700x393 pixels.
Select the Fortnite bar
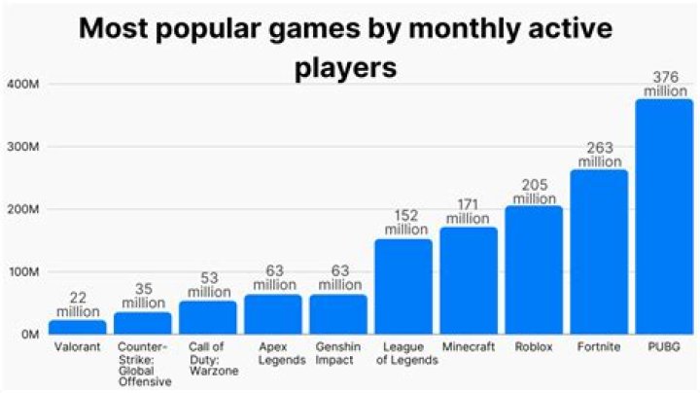click(599, 252)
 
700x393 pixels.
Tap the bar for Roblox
click(534, 269)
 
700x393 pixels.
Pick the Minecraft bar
click(469, 280)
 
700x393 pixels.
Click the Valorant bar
click(78, 327)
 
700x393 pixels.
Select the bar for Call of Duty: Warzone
click(208, 317)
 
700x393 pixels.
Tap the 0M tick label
click(27, 334)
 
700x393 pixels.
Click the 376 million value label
click(664, 83)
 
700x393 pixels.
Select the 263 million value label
click(599, 154)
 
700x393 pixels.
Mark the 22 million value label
click(78, 304)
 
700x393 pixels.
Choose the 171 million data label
click(469, 211)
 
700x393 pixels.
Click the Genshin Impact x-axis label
click(339, 351)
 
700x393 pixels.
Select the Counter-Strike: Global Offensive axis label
click(143, 363)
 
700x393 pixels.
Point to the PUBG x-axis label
click(664, 345)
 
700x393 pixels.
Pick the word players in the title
click(348, 70)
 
